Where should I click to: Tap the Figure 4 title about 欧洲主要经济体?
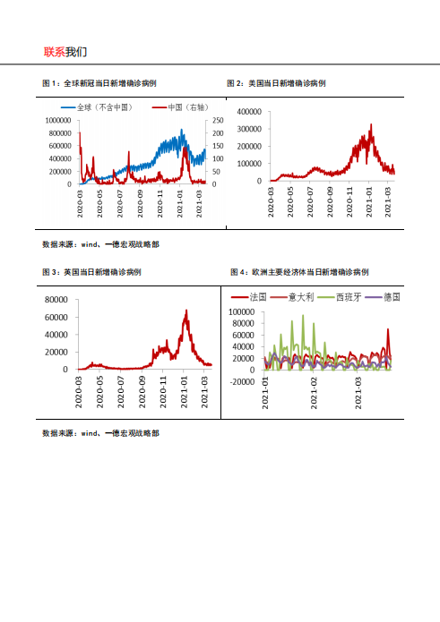click(x=300, y=271)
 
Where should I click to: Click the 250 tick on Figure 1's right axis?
click(x=216, y=120)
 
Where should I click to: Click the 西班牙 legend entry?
click(x=349, y=296)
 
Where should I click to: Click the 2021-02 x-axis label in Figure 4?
click(x=314, y=394)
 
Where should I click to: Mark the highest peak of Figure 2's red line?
click(x=370, y=124)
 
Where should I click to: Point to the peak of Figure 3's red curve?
click(x=186, y=311)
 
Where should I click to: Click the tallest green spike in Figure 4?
click(x=302, y=315)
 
